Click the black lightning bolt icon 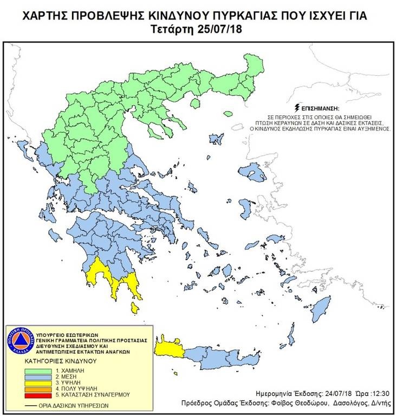pos(297,107)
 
